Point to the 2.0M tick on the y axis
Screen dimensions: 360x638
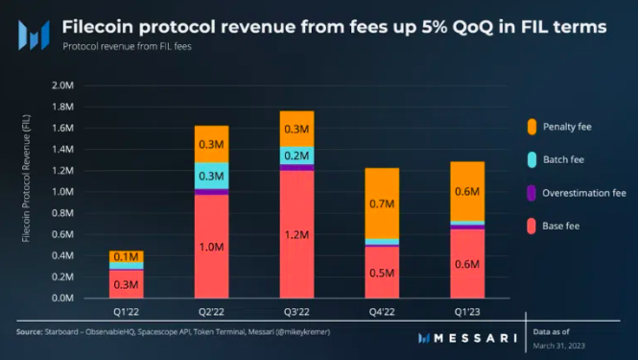61,85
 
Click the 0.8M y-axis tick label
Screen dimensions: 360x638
61,213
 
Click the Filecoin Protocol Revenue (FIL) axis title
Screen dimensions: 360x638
27,192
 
